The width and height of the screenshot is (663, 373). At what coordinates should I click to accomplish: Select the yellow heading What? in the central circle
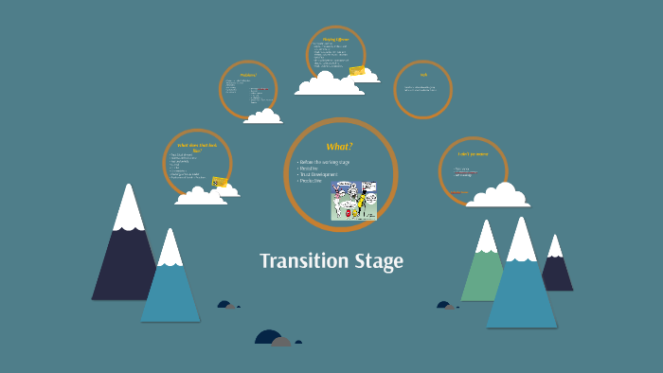pyautogui.click(x=339, y=146)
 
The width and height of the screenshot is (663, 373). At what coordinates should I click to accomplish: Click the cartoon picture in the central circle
pyautogui.click(x=353, y=200)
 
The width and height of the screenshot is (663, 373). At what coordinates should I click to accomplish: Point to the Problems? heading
pyautogui.click(x=248, y=74)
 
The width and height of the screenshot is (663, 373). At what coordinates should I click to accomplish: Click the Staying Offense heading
pyautogui.click(x=336, y=39)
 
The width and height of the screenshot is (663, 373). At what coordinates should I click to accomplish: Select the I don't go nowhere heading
pyautogui.click(x=473, y=153)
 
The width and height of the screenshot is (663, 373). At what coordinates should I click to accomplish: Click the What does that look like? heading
pyautogui.click(x=197, y=147)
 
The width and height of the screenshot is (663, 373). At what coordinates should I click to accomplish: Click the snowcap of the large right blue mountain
pyautogui.click(x=521, y=241)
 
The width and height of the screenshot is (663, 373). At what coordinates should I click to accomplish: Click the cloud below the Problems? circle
pyautogui.click(x=262, y=116)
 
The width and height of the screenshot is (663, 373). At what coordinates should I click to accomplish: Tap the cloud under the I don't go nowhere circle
pyautogui.click(x=498, y=195)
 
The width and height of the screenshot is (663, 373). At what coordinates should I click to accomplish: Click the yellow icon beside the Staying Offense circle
pyautogui.click(x=357, y=71)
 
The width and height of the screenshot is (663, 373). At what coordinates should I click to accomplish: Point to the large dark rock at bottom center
pyautogui.click(x=269, y=337)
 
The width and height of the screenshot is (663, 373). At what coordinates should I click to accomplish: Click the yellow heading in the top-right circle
pyautogui.click(x=423, y=75)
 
